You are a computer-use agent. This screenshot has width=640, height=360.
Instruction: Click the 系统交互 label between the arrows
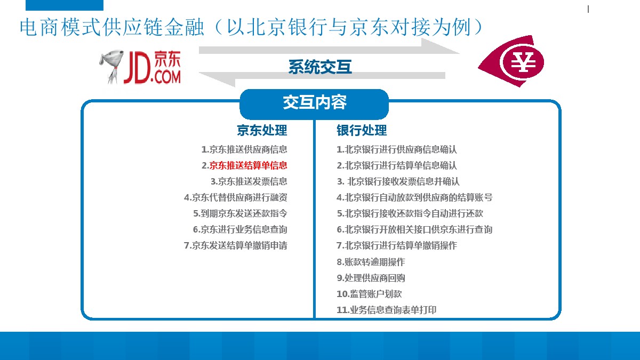[x=320, y=67]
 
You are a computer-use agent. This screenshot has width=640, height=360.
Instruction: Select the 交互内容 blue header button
[x=314, y=103]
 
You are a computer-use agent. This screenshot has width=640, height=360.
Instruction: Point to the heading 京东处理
[x=262, y=130]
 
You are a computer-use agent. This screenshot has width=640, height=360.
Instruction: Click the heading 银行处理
[x=362, y=130]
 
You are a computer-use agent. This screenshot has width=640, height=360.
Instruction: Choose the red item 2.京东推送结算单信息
[x=244, y=165]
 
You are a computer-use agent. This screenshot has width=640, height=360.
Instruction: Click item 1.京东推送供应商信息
[x=244, y=149]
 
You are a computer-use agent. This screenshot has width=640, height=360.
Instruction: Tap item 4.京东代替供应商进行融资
[x=236, y=197]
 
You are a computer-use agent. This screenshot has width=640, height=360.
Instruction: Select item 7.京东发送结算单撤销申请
[x=236, y=245]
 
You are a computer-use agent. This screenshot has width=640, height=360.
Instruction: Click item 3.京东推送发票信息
[x=249, y=181]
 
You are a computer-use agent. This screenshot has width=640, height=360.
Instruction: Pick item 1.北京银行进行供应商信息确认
[x=396, y=150]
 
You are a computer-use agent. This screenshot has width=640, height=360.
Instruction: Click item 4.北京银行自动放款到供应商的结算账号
[x=414, y=197]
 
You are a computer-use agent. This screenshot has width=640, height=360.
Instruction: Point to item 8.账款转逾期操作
[x=371, y=262]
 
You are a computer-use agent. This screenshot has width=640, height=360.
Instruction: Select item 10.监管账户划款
[x=369, y=294]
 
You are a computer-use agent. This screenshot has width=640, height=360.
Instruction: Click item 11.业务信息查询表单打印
[x=386, y=310]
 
